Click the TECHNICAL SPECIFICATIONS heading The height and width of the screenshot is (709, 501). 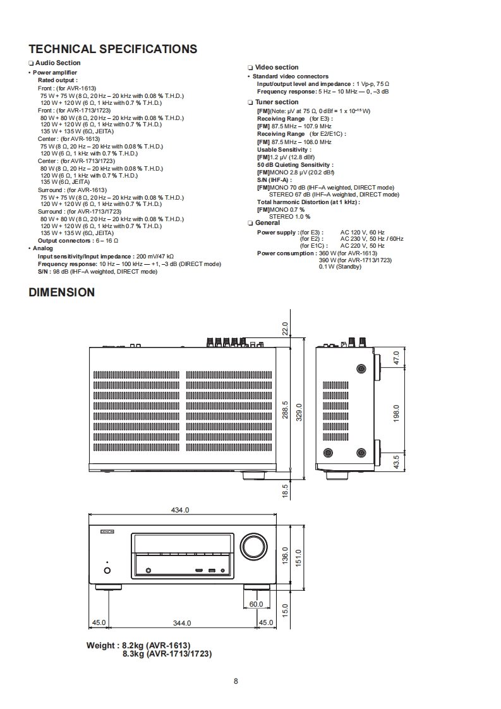point(113,49)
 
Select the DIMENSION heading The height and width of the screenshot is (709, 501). point(62,293)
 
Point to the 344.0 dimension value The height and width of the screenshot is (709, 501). point(182,623)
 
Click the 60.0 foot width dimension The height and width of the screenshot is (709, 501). point(256,604)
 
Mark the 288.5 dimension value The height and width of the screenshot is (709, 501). point(285,410)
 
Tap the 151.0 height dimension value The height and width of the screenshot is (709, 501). point(300,558)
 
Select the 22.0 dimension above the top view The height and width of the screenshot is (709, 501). point(285,329)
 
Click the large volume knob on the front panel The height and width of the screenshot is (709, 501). point(253,547)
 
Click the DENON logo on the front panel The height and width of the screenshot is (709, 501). point(106,533)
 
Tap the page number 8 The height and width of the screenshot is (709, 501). point(236,681)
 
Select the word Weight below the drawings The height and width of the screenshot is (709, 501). point(101,646)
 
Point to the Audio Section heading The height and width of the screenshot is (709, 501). point(57,63)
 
